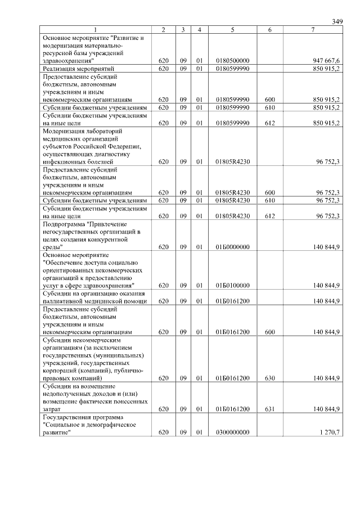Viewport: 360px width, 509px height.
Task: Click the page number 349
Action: [337, 21]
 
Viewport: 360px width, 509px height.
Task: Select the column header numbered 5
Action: [232, 29]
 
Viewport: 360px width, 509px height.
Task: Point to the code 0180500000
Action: [232, 60]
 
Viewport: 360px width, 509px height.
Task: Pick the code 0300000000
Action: [232, 432]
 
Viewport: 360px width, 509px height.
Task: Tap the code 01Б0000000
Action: [232, 246]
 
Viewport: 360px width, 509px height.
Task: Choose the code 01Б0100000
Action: [232, 285]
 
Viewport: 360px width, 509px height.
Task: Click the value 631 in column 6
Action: [269, 409]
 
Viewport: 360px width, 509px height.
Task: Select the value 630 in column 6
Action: [269, 379]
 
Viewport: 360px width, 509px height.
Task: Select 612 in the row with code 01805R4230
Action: [269, 215]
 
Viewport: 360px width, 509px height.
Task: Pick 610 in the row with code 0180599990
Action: [269, 107]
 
